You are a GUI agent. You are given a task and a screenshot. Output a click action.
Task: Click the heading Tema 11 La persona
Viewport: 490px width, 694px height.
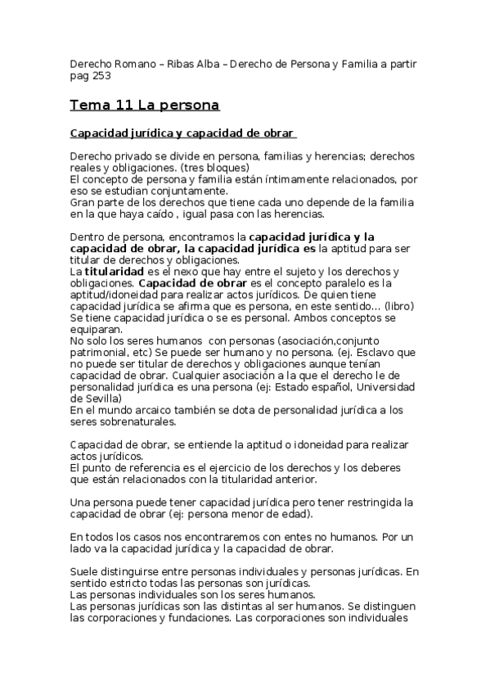[x=145, y=106]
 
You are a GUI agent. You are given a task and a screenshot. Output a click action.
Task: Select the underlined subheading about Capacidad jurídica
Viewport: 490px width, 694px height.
[x=182, y=133]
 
